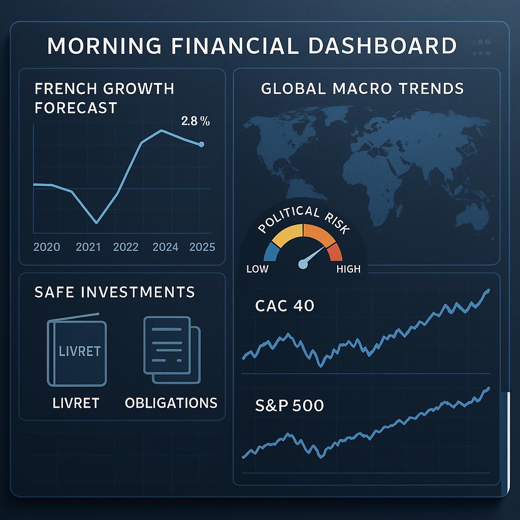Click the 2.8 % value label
[x=196, y=121]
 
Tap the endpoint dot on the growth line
[x=201, y=144]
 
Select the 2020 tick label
[x=47, y=247]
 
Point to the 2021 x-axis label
[x=88, y=247]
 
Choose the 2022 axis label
[x=126, y=247]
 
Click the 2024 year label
[x=166, y=247]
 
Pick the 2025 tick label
[x=202, y=247]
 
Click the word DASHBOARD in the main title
[x=382, y=45]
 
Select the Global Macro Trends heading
[x=362, y=88]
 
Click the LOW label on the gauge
[x=257, y=269]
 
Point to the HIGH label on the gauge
[x=348, y=269]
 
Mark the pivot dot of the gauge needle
[x=303, y=264]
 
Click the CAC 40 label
[x=284, y=305]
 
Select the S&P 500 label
[x=289, y=405]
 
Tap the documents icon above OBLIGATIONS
[x=172, y=350]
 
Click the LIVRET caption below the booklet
[x=76, y=403]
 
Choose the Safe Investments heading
[x=115, y=292]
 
